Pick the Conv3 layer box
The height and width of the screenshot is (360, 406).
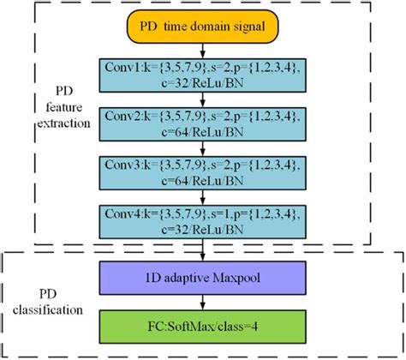pos(201,172)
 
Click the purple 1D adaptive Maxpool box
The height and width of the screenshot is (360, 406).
pos(201,279)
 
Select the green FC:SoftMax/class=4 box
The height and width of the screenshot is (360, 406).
pos(201,327)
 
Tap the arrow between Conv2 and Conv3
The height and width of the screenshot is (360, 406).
pos(201,149)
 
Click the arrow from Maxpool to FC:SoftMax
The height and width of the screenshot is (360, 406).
pos(201,303)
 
